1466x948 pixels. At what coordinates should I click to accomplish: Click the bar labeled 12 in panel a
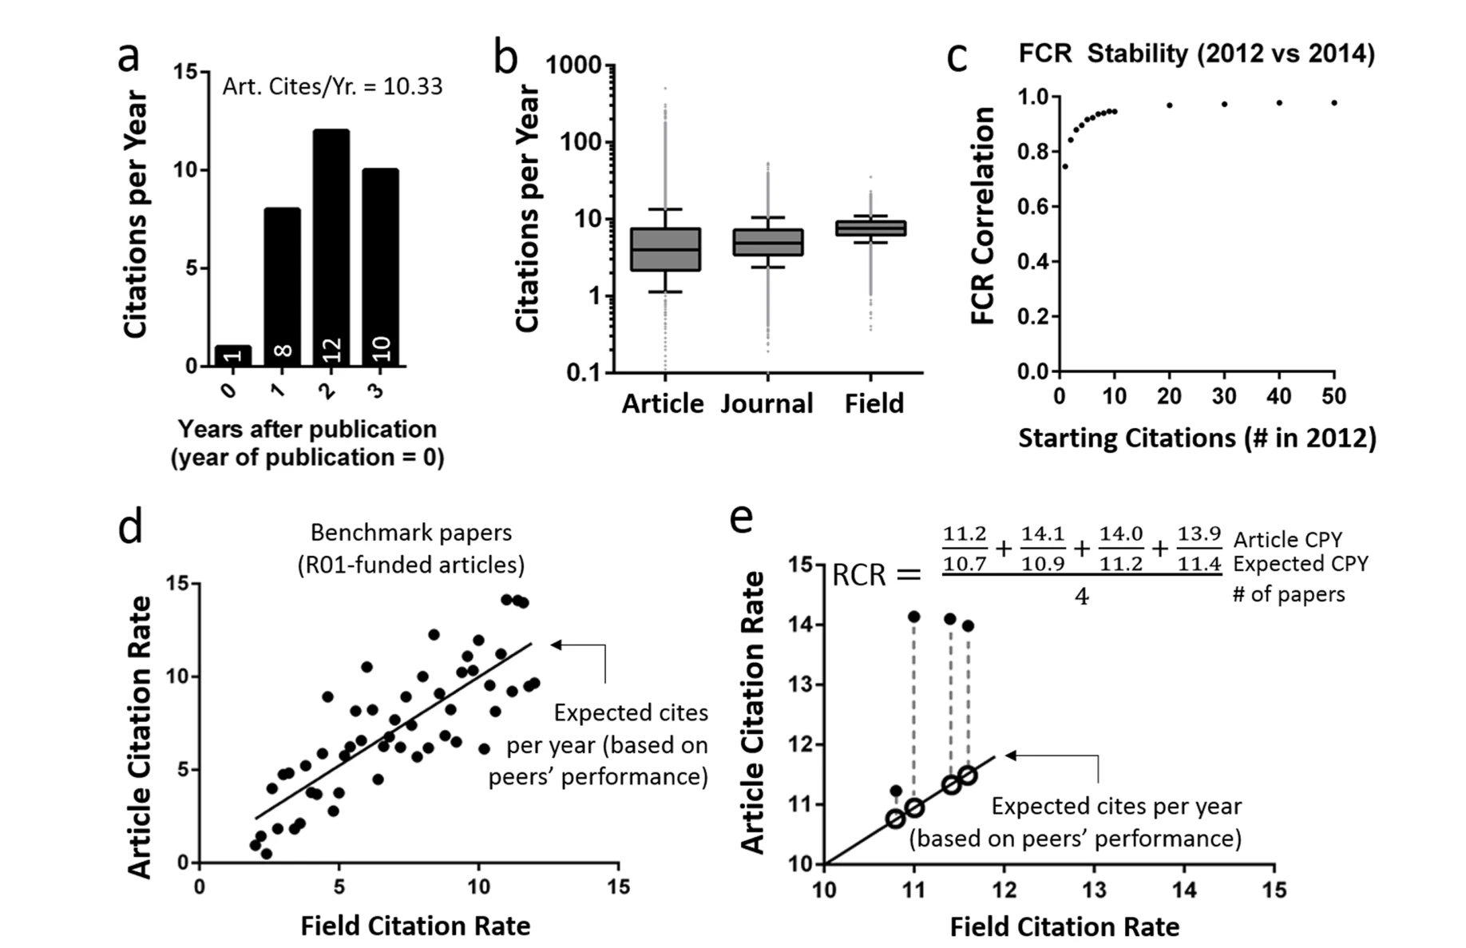[x=331, y=248]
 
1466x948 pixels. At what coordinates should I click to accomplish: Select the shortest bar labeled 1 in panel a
[x=232, y=356]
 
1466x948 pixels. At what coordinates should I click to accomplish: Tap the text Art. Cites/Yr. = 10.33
[x=332, y=86]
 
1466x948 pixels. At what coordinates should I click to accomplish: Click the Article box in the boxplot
[x=665, y=249]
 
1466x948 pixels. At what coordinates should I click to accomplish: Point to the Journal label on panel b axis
[x=767, y=403]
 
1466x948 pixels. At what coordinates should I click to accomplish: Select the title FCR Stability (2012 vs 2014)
[x=1196, y=54]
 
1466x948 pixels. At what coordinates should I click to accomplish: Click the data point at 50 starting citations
[x=1334, y=103]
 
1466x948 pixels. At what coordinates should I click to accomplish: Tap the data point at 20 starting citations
[x=1169, y=105]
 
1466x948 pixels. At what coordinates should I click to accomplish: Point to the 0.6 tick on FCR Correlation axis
[x=1033, y=207]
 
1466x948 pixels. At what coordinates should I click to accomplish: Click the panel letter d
[x=130, y=527]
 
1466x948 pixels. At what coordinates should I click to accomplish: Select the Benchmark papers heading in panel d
[x=411, y=533]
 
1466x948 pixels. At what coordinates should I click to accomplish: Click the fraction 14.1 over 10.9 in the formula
[x=1043, y=548]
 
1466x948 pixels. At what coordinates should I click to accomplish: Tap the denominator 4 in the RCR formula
[x=1081, y=596]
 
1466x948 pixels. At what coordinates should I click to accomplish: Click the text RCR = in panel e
[x=876, y=574]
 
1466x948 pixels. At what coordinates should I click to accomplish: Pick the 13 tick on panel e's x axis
[x=1094, y=890]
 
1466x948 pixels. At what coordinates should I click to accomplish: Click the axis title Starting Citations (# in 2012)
[x=1196, y=438]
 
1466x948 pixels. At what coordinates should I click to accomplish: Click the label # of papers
[x=1288, y=594]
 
